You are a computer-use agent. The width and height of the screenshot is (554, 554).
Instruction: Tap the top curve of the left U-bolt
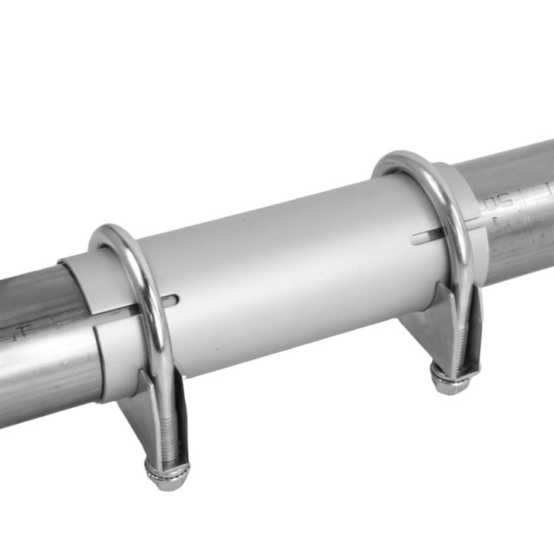114,233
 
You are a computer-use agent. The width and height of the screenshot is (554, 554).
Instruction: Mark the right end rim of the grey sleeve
476,221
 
